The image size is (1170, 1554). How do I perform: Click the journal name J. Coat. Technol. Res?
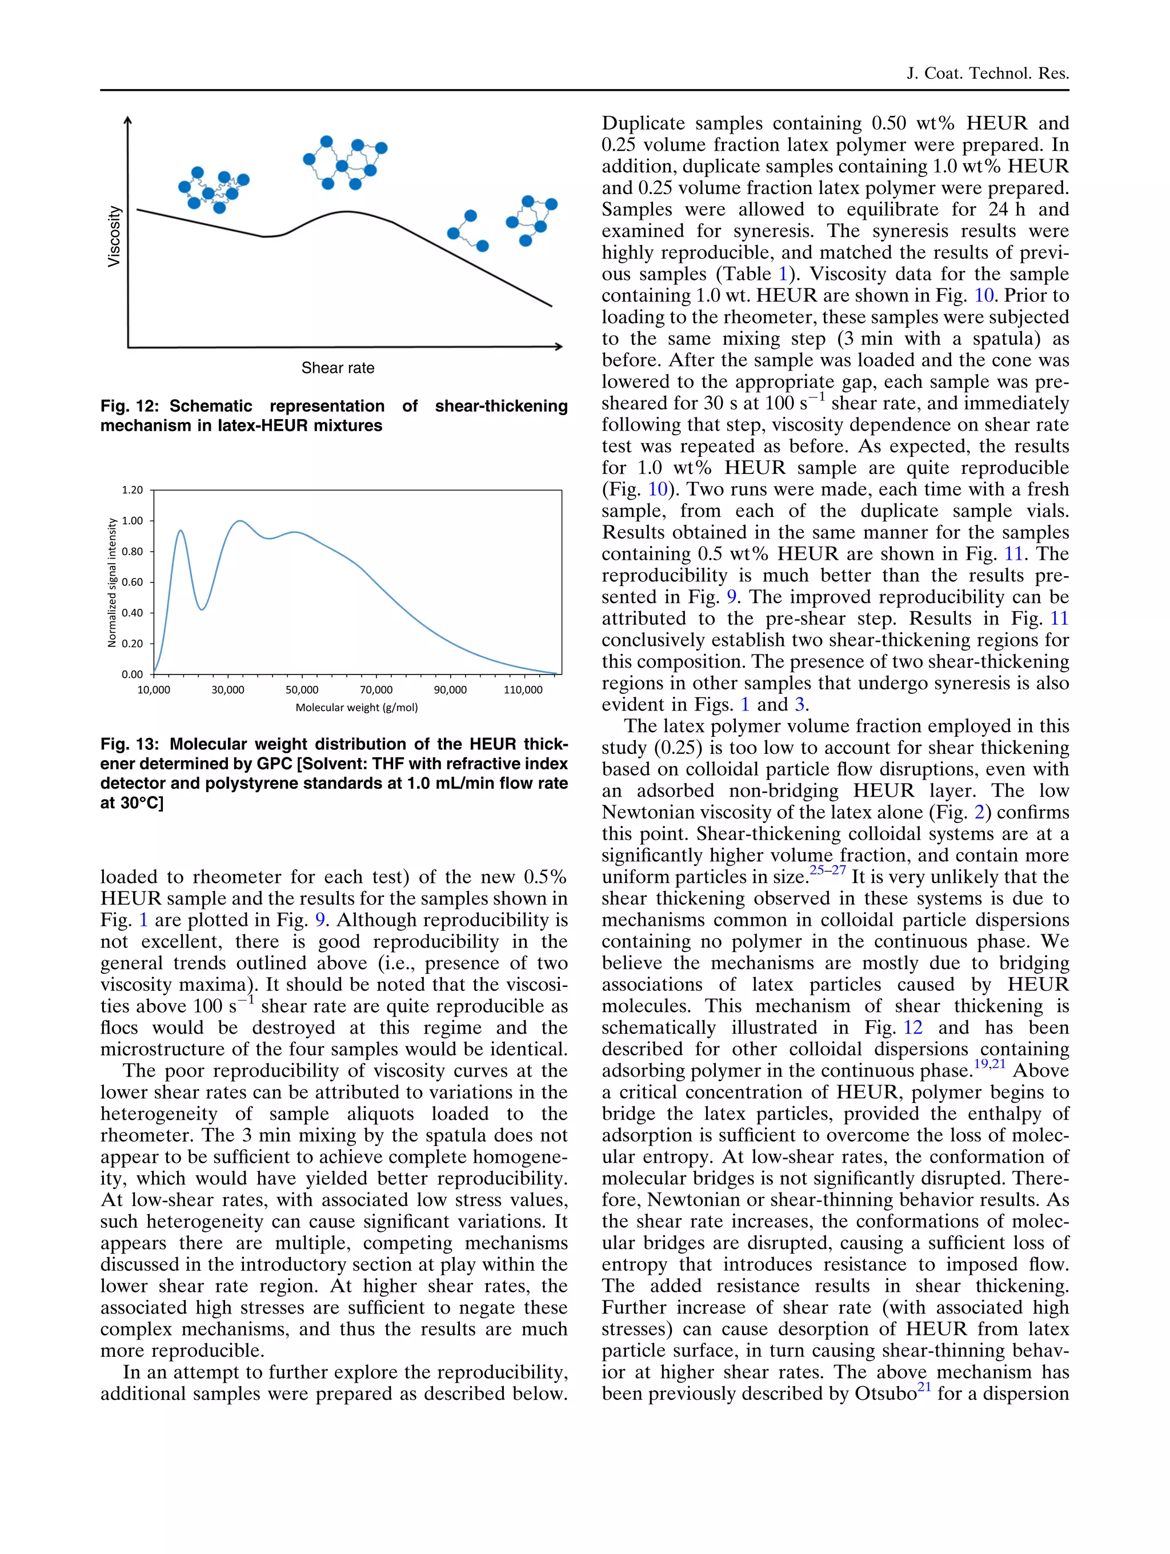click(x=987, y=73)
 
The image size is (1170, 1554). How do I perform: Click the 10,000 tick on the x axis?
click(x=153, y=690)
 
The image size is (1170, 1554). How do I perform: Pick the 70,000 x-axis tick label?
click(x=376, y=690)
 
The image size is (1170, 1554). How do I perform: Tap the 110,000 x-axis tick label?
click(x=523, y=690)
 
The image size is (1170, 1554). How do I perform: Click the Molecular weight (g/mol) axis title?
click(x=356, y=708)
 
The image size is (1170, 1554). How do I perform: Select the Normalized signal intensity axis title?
click(x=112, y=583)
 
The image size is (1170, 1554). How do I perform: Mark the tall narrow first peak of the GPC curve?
click(x=181, y=531)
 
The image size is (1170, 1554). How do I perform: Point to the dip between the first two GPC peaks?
click(x=202, y=608)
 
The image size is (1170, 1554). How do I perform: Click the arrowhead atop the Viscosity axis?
click(x=128, y=121)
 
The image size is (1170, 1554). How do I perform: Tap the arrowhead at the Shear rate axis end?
click(x=559, y=346)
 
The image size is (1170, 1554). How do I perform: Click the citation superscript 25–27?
click(x=827, y=870)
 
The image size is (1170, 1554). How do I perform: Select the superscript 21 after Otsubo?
click(x=924, y=1387)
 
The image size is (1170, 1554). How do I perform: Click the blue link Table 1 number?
click(x=783, y=274)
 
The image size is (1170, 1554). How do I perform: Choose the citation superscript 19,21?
click(x=989, y=1065)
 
